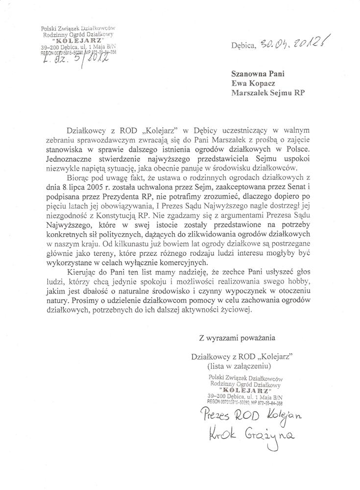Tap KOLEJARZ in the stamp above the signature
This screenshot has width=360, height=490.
point(244,391)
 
